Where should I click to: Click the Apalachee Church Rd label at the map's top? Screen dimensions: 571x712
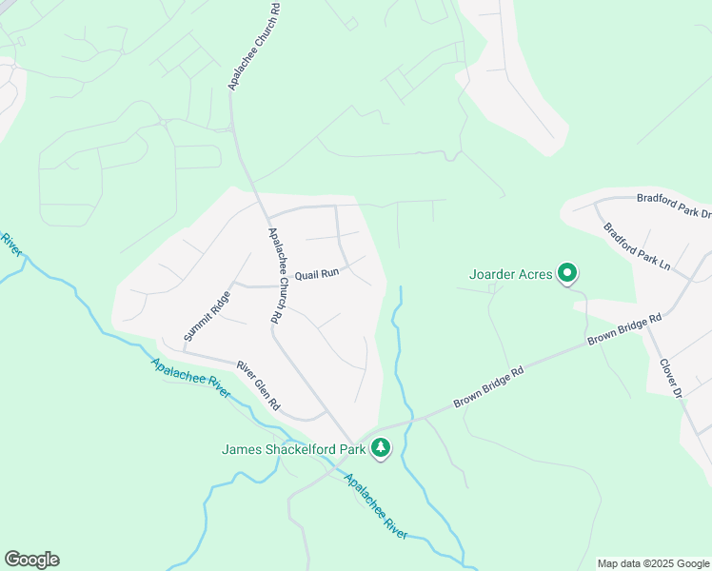(x=252, y=46)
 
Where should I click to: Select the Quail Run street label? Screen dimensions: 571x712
(x=317, y=273)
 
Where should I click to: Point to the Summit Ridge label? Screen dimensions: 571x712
(x=202, y=316)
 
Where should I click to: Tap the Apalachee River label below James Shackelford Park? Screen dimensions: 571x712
(x=376, y=507)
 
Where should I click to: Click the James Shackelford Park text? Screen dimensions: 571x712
(x=294, y=448)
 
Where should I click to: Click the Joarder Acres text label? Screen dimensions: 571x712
(x=511, y=275)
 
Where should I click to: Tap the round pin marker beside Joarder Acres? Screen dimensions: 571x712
(x=567, y=275)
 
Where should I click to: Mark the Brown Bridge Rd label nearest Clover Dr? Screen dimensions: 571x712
(x=623, y=329)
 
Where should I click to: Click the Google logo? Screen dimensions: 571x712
(x=31, y=560)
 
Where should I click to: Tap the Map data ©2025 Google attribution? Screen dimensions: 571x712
(x=653, y=563)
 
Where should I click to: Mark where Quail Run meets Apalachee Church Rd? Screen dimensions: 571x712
(x=279, y=285)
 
